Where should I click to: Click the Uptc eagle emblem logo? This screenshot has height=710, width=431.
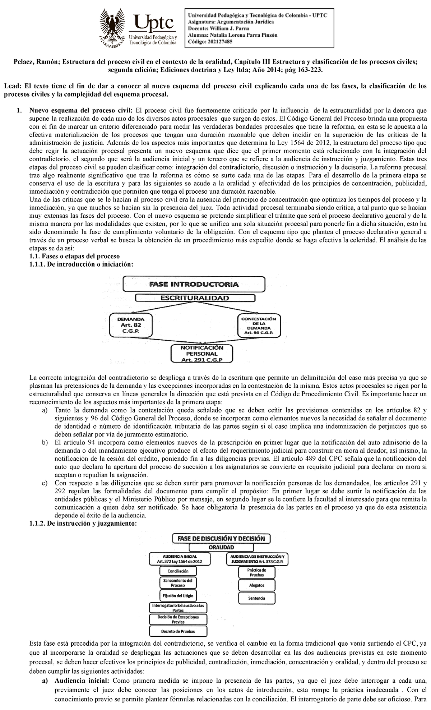pyautogui.click(x=114, y=27)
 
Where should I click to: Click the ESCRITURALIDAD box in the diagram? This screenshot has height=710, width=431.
pyautogui.click(x=194, y=298)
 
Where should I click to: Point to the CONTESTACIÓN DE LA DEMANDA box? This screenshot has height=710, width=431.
pyautogui.click(x=259, y=326)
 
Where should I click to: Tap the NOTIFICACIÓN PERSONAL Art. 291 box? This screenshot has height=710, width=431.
pyautogui.click(x=201, y=354)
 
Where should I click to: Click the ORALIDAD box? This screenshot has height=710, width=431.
pyautogui.click(x=221, y=547)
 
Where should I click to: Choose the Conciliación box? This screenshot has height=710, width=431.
pyautogui.click(x=178, y=571)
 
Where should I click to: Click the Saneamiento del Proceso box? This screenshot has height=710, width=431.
pyautogui.click(x=178, y=582)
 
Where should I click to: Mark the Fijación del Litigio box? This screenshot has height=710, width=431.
pyautogui.click(x=178, y=595)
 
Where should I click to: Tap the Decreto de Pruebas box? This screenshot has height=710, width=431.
pyautogui.click(x=178, y=631)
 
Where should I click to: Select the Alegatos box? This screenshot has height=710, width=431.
pyautogui.click(x=256, y=585)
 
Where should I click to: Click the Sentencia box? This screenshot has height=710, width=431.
pyautogui.click(x=256, y=598)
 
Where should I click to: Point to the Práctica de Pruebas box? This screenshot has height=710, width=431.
pyautogui.click(x=256, y=572)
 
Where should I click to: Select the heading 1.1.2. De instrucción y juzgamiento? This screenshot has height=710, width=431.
pyautogui.click(x=83, y=524)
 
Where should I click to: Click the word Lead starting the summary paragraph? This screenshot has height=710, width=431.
pyautogui.click(x=11, y=86)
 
